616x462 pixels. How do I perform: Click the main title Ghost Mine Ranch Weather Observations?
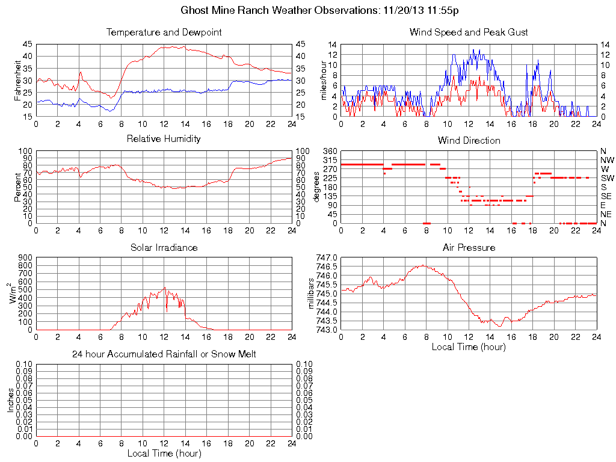pos(324,10)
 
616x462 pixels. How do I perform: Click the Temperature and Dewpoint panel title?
pos(164,32)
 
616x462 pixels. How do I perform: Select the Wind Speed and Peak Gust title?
pos(469,32)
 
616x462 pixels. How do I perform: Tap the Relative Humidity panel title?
pos(164,139)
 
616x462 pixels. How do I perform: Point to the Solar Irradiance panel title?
pos(164,247)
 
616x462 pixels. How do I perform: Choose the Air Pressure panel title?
pos(469,247)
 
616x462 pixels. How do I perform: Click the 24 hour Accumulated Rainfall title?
pos(164,354)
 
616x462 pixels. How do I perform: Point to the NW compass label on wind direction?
pos(606,160)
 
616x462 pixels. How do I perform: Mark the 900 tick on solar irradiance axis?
pos(25,257)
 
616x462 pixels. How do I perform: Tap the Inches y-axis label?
pos(11,400)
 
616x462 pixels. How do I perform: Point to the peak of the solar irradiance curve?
pos(165,288)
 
